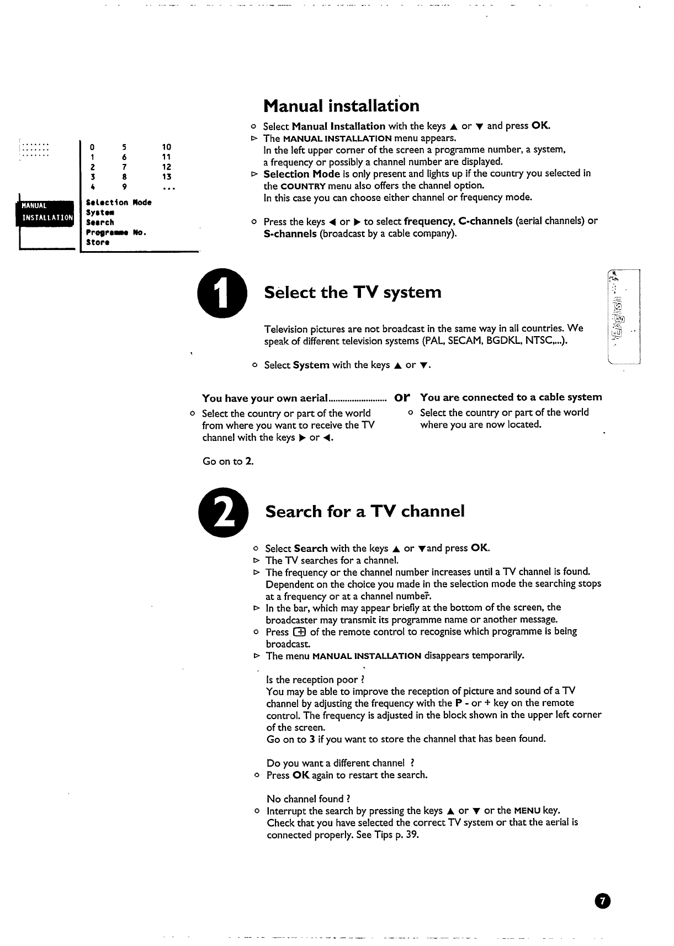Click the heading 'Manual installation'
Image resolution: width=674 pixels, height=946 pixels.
click(x=341, y=105)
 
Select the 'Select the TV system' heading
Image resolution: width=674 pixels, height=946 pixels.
click(x=353, y=292)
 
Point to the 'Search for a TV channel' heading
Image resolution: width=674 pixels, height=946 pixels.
click(x=365, y=511)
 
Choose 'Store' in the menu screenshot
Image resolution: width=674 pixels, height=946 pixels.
click(x=98, y=242)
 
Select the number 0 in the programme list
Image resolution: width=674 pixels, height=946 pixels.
click(x=93, y=147)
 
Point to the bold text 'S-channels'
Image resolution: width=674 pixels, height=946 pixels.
click(x=290, y=233)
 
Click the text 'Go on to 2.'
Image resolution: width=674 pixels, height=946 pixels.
click(x=228, y=461)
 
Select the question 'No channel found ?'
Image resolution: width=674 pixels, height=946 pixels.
click(x=308, y=799)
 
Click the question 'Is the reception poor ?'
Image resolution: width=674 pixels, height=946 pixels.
click(x=315, y=679)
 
